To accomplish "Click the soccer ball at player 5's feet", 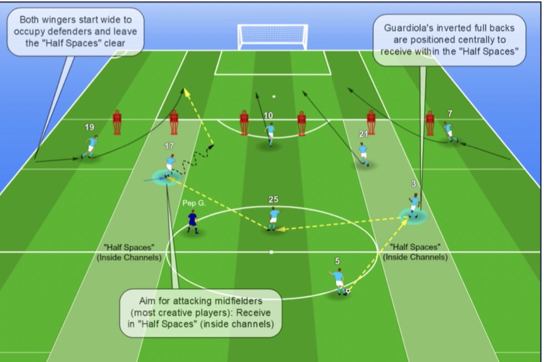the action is (x=347, y=291).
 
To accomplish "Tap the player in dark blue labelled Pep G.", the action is (x=192, y=221).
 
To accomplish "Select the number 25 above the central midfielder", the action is (x=273, y=200).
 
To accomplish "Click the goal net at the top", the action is (x=272, y=37).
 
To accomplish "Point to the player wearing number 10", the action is (x=270, y=134).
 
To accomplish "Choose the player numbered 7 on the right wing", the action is (x=449, y=132).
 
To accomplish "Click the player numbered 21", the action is (x=363, y=153).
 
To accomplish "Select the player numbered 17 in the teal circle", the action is (x=169, y=165).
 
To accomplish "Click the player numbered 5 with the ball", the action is (x=338, y=281).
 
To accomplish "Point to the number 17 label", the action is (x=169, y=146).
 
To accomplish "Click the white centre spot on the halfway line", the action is (x=271, y=252).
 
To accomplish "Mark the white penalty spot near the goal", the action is (x=274, y=97).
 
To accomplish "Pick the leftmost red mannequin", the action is (x=117, y=122).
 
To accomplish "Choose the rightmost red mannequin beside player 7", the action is (x=430, y=123).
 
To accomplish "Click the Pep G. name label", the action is (x=194, y=203).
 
